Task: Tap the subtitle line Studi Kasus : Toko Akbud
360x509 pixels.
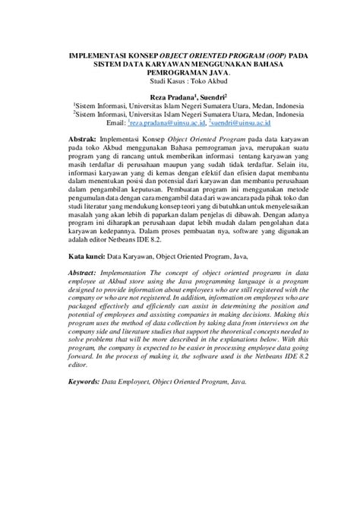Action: [179, 82]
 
